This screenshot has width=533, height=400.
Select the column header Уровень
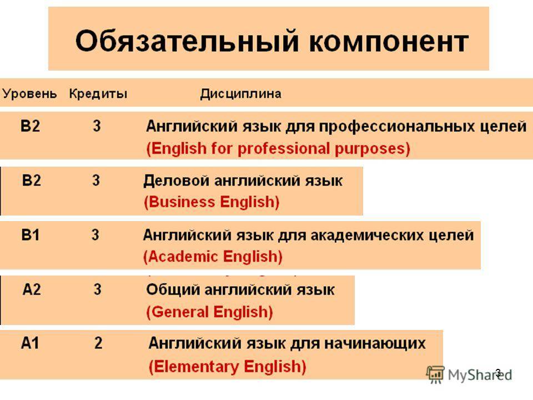[29, 93]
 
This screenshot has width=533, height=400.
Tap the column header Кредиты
[98, 93]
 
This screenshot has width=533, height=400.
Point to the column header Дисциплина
[240, 94]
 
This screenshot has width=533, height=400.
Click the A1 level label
[30, 343]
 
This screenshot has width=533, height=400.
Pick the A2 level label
[32, 289]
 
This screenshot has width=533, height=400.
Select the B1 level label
[30, 234]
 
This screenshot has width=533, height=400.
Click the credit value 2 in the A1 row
[98, 343]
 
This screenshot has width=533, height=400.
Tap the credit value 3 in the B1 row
[95, 234]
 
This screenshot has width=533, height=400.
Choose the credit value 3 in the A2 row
[98, 289]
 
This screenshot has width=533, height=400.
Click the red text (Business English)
[212, 202]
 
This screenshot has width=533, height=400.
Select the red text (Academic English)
[213, 257]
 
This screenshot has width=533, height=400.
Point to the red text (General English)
[209, 312]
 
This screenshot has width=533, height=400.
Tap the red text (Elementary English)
[228, 367]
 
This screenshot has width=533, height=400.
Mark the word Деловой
[176, 181]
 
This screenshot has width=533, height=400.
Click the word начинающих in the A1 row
[375, 343]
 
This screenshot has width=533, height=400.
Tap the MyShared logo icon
[435, 374]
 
